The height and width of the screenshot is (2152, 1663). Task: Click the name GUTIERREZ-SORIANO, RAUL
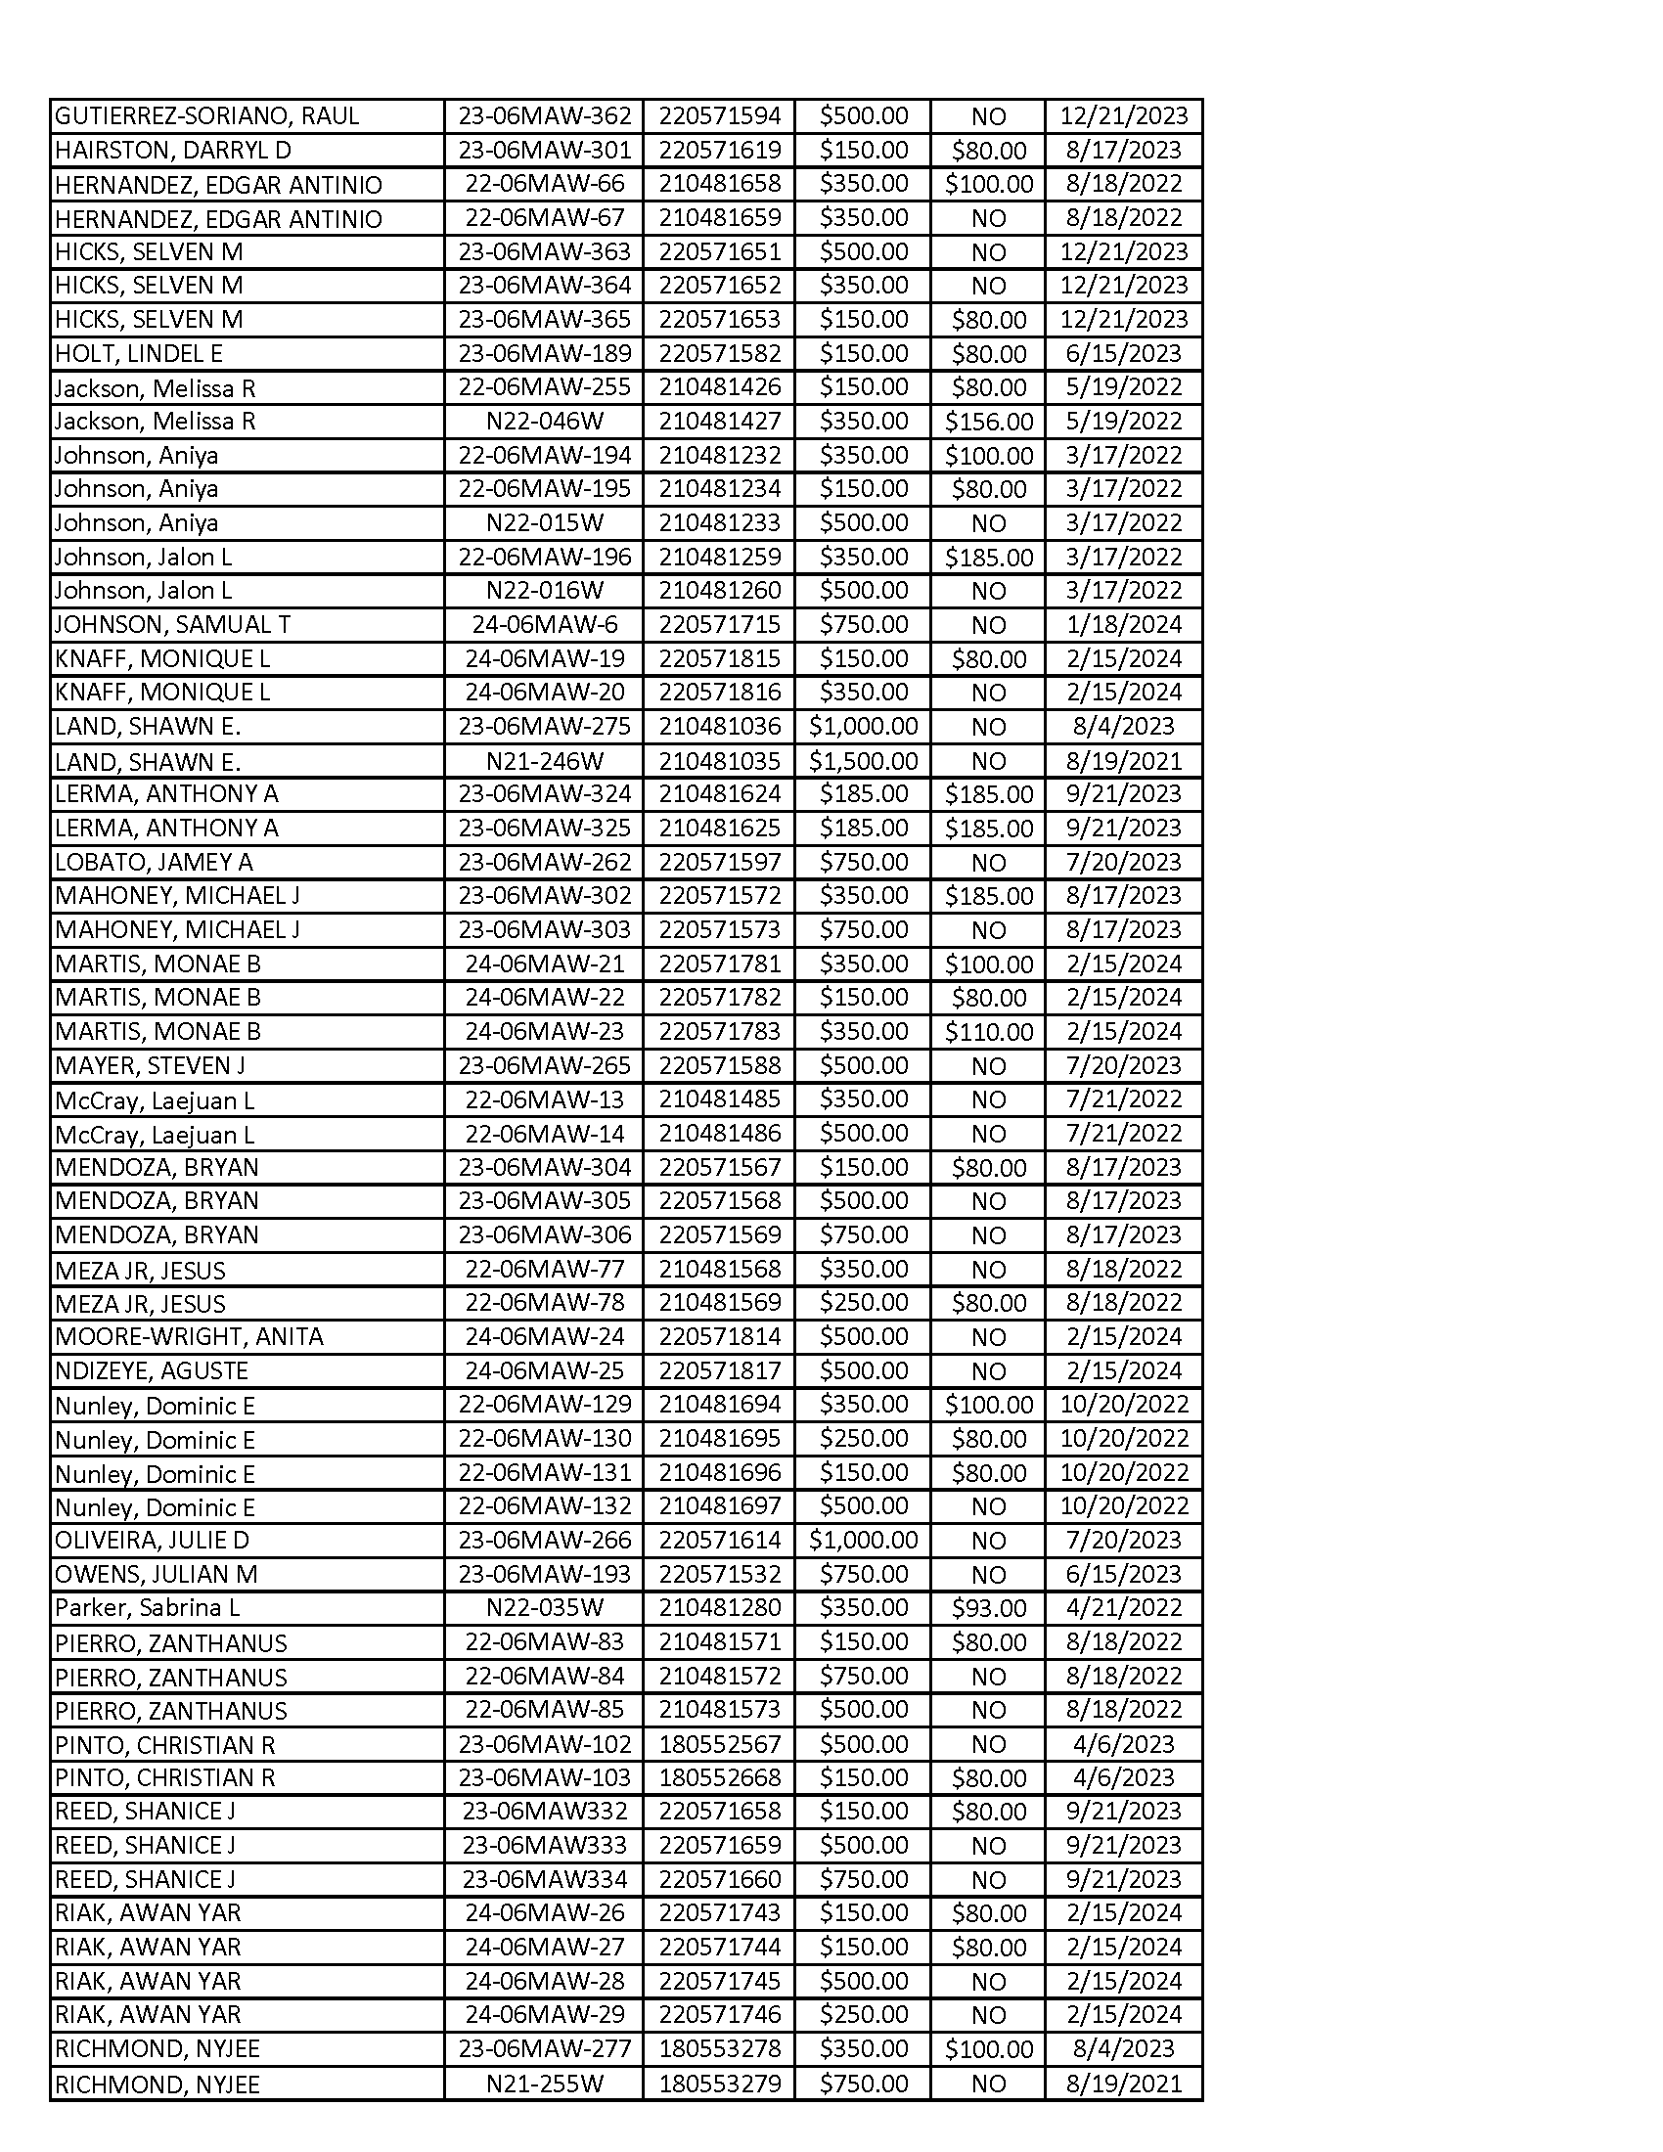(x=206, y=116)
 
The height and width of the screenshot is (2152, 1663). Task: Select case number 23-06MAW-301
(x=544, y=150)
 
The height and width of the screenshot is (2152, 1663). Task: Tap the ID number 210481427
(x=719, y=422)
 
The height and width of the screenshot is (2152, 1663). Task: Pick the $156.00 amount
(x=988, y=422)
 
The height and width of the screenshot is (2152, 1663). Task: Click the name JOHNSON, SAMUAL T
(x=172, y=625)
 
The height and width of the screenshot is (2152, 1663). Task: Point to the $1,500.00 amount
(x=863, y=761)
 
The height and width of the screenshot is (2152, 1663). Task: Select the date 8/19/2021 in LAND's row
(x=1123, y=761)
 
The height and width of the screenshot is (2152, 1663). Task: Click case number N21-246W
(x=544, y=761)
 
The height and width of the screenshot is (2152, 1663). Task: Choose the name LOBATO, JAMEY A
(x=154, y=862)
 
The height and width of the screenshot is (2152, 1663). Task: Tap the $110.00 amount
(x=988, y=1032)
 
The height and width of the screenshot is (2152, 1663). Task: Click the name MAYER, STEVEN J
(x=150, y=1065)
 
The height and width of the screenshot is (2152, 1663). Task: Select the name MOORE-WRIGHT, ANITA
(x=189, y=1337)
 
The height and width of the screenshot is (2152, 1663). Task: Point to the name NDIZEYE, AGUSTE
(x=152, y=1370)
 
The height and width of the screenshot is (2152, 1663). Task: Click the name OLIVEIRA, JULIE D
(x=152, y=1540)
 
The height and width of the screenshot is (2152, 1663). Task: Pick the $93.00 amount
(x=988, y=1608)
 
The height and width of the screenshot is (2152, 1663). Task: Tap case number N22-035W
(x=544, y=1608)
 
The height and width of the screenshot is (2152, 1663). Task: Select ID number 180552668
(x=719, y=1777)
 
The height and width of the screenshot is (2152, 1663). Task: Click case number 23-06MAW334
(x=544, y=1879)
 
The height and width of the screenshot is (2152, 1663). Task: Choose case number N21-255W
(x=544, y=2084)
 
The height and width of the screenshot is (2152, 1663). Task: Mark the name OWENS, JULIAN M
(x=156, y=1575)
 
